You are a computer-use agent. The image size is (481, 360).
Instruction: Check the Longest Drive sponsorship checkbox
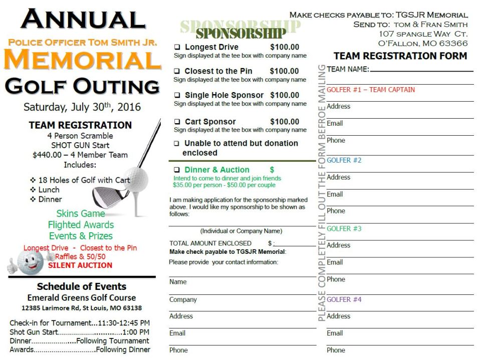(177, 48)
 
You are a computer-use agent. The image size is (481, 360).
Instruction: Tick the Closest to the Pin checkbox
(177, 72)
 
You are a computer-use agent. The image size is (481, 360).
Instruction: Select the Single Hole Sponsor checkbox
(177, 96)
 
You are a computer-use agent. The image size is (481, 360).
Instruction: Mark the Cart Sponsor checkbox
(177, 122)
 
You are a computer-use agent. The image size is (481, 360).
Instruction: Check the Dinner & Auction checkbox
(177, 170)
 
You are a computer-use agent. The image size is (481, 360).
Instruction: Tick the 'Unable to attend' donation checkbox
(177, 144)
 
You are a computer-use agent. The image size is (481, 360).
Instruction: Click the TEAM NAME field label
(348, 69)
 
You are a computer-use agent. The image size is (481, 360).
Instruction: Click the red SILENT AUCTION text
(80, 265)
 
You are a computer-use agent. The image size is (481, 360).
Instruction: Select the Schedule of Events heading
(82, 286)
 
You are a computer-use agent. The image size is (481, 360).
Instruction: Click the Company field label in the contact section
(183, 300)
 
